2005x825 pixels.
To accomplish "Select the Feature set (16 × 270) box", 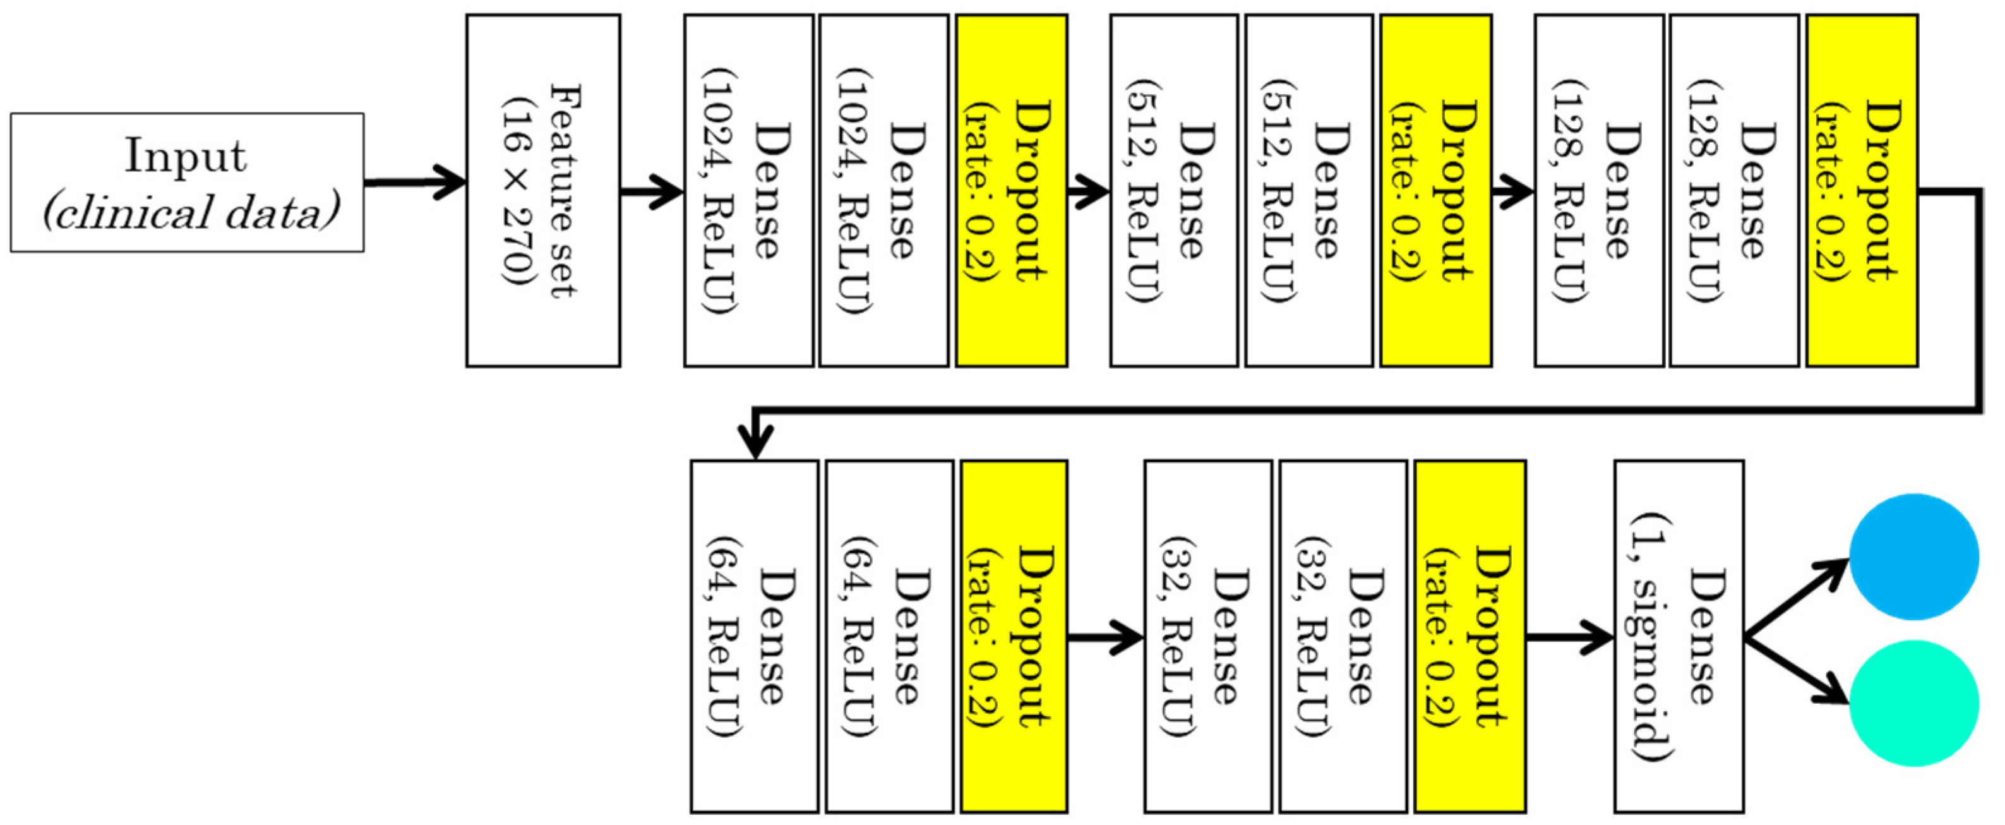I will click(543, 191).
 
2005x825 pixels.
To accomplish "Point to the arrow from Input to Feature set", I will click(416, 183).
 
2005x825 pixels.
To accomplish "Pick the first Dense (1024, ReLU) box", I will click(749, 191).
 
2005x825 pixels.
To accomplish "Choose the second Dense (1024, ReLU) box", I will click(883, 191).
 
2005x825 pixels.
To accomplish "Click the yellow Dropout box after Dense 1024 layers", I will click(1011, 191).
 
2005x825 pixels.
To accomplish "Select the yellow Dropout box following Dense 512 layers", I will click(1436, 191).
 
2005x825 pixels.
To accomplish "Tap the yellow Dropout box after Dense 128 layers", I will click(1862, 191).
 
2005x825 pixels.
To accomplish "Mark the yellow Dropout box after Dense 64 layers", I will click(1014, 637).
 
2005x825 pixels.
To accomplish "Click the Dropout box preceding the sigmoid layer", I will click(1469, 637).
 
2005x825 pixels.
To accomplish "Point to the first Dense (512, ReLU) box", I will click(1174, 191).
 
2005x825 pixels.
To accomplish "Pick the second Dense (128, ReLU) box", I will click(1734, 191).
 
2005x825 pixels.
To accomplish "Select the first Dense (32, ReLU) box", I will click(1208, 637).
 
